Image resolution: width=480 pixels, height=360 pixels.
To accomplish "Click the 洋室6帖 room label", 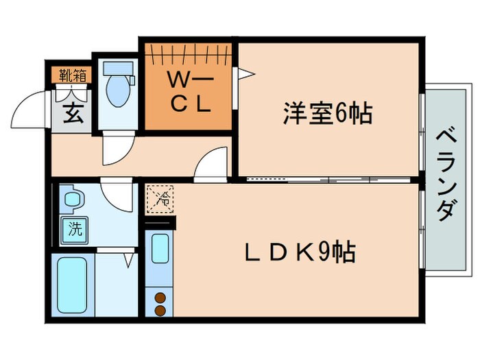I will click(x=328, y=113).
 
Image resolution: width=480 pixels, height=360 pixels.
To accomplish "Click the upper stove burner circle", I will click(x=160, y=298).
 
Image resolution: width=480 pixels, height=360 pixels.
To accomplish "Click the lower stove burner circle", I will click(x=160, y=310).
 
